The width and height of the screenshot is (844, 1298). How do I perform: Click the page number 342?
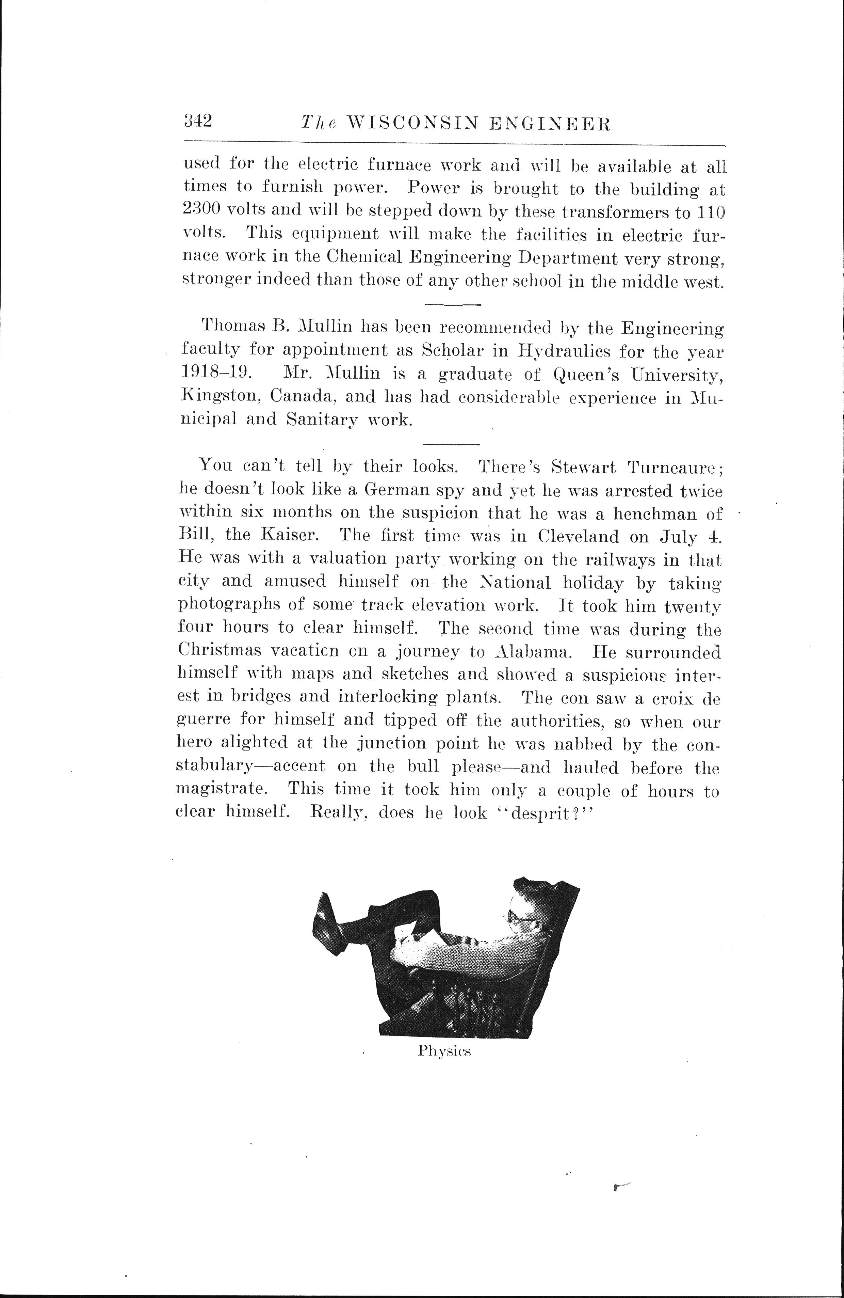(x=197, y=121)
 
